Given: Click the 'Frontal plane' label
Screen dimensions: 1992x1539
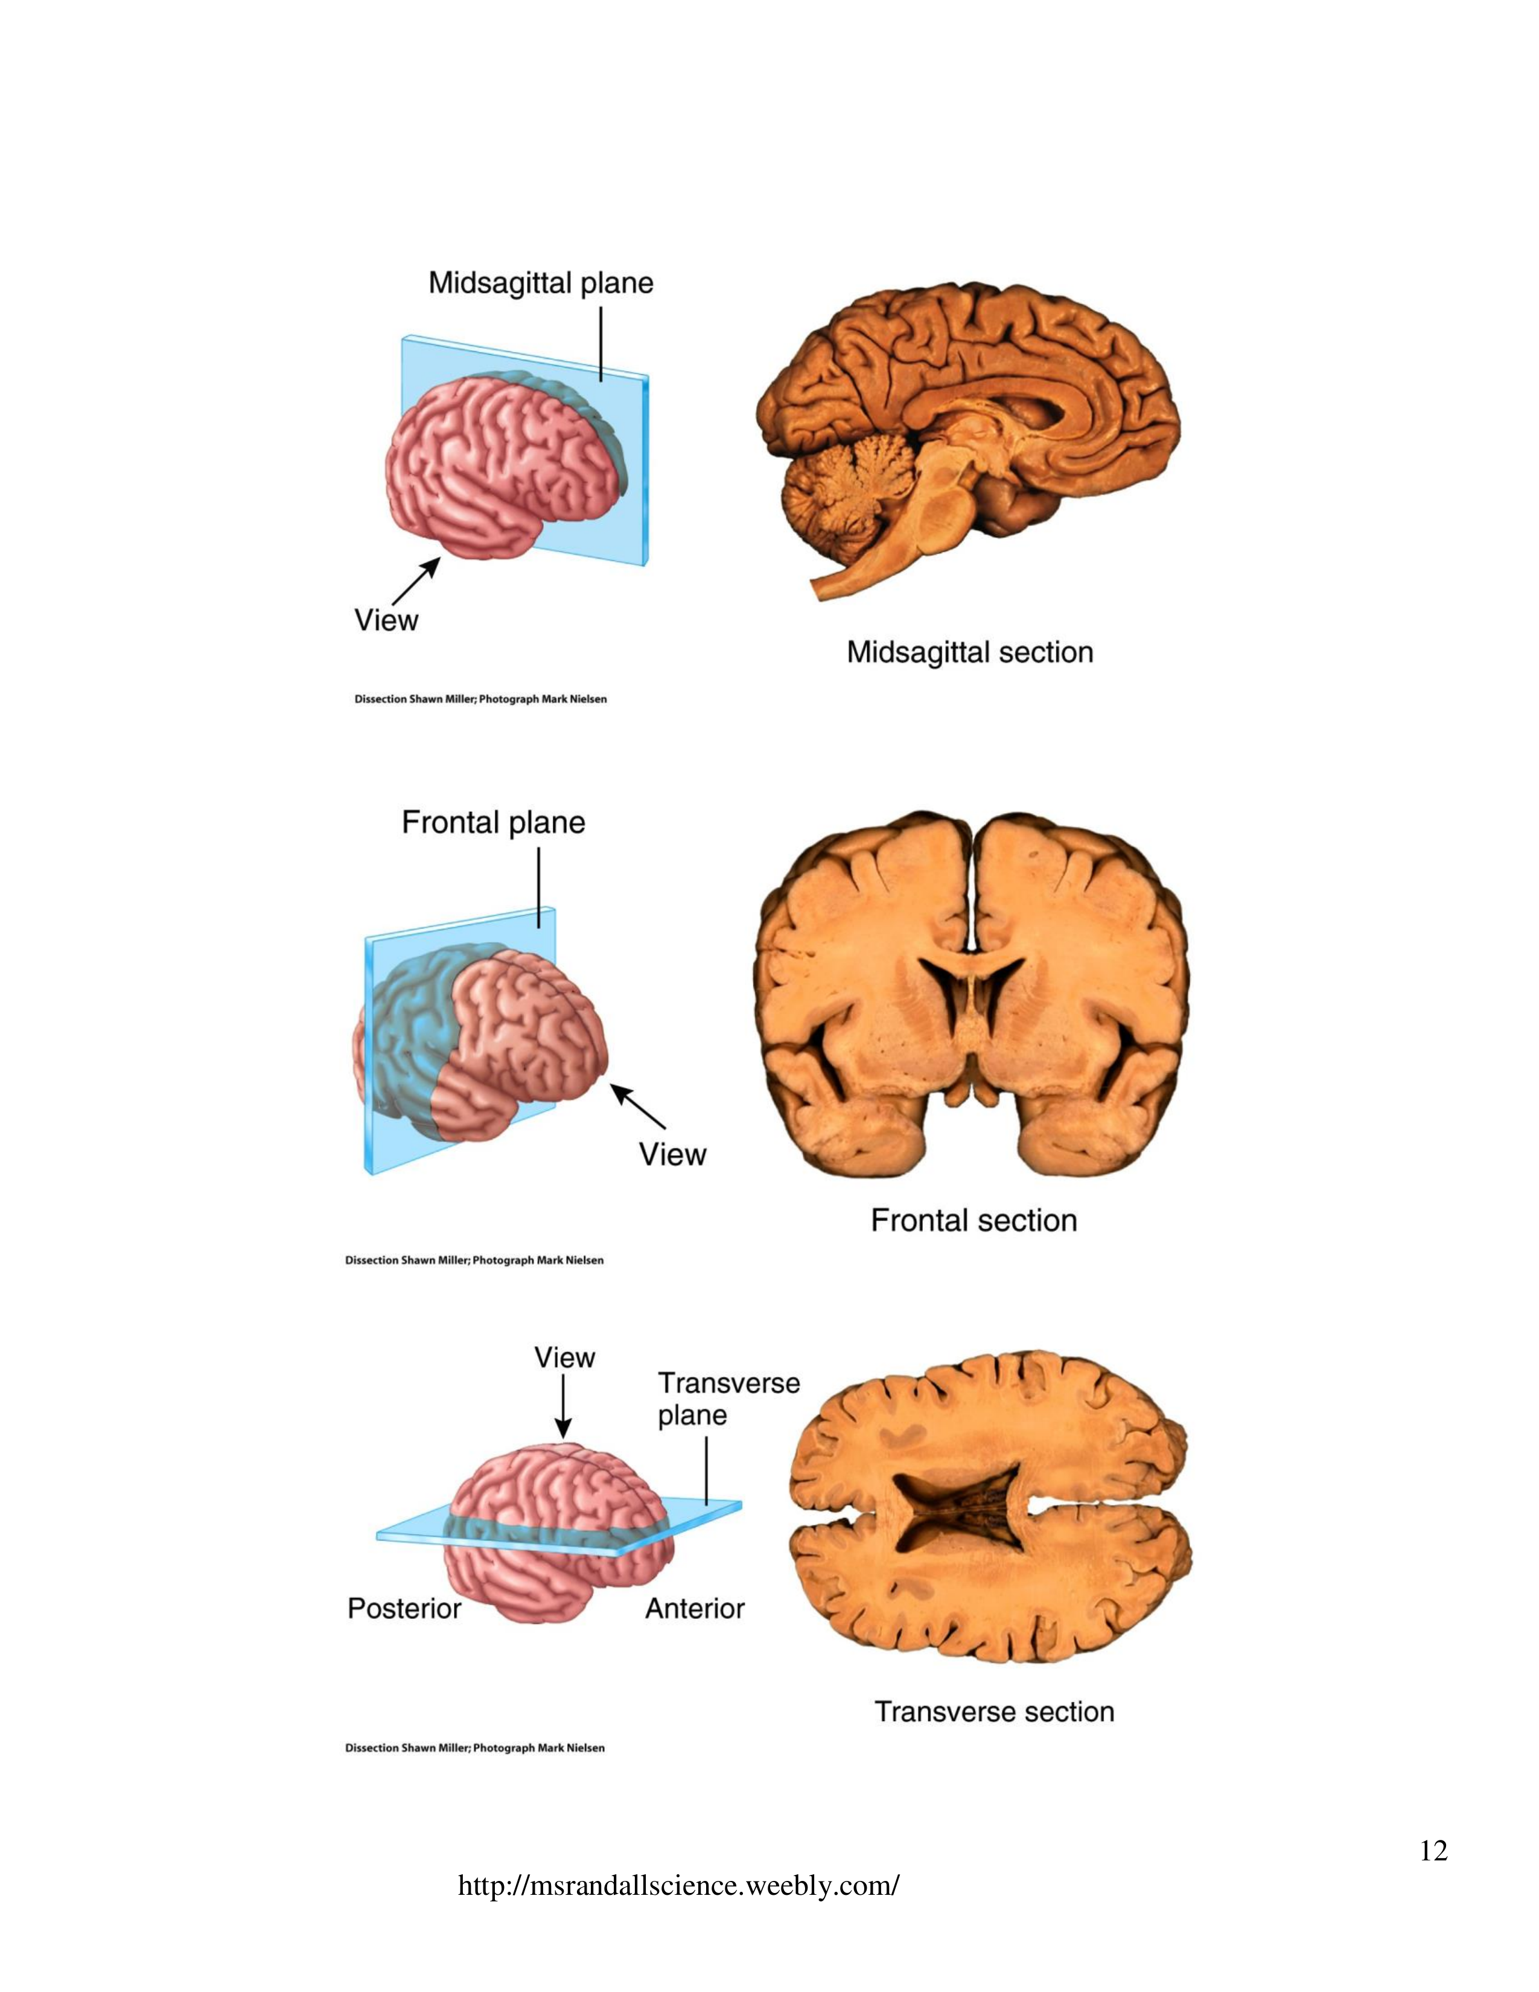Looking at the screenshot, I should click(x=493, y=823).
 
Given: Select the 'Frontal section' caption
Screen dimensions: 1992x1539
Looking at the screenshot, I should click(x=973, y=1221).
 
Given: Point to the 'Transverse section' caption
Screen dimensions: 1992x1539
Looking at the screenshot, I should click(x=994, y=1712).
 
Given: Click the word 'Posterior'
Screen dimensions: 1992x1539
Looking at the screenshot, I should click(x=404, y=1608).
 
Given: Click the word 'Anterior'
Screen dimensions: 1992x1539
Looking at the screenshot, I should click(x=695, y=1608).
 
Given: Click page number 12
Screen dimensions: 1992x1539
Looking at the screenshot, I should click(x=1433, y=1851).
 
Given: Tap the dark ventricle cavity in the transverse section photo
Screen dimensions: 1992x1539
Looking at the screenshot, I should click(x=957, y=1510).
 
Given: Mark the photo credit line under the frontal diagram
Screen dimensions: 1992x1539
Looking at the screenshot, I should click(x=474, y=1260).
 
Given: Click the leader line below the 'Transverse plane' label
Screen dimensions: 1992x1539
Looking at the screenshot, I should click(x=707, y=1469).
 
